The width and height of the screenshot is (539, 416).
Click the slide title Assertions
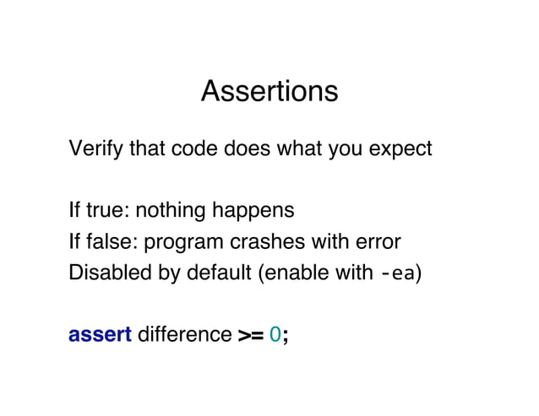(x=269, y=91)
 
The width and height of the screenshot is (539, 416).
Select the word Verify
(x=93, y=150)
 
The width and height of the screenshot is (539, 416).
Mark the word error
(x=377, y=243)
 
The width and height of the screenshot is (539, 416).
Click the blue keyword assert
(x=99, y=335)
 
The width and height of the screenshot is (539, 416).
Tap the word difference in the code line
(x=183, y=335)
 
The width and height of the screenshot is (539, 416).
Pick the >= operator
(x=249, y=336)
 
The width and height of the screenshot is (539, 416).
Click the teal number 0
(x=275, y=335)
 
